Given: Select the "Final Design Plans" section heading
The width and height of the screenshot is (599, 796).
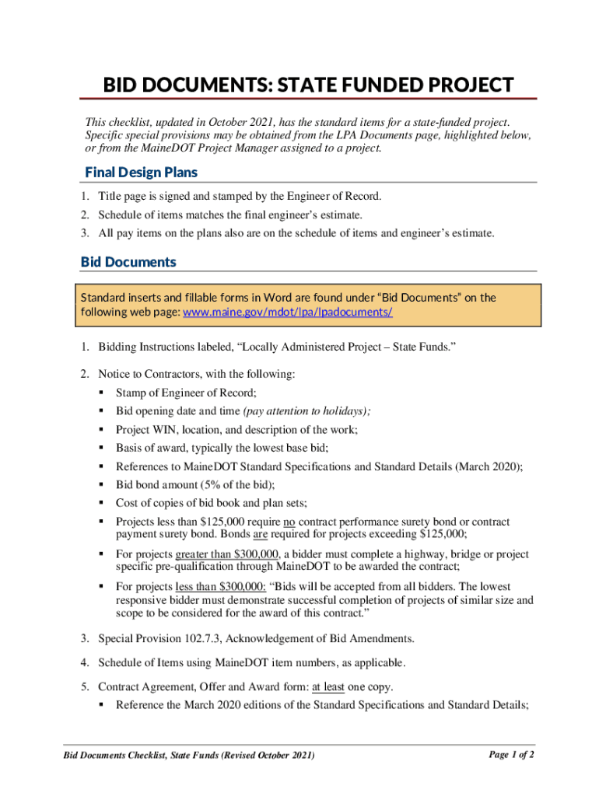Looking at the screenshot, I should tap(141, 172).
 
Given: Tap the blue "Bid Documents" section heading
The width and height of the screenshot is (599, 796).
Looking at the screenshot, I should tap(128, 262).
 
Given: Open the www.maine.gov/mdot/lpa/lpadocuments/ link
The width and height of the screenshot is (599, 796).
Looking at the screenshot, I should tap(287, 312).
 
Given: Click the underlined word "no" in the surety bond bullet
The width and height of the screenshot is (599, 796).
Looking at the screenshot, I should tap(289, 522).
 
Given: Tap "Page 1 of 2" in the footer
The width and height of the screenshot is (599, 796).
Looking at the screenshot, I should tap(510, 754).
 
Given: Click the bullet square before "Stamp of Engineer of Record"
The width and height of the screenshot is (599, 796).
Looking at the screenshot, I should tap(102, 393).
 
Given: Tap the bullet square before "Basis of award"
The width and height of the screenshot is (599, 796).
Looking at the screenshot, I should tap(102, 448).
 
